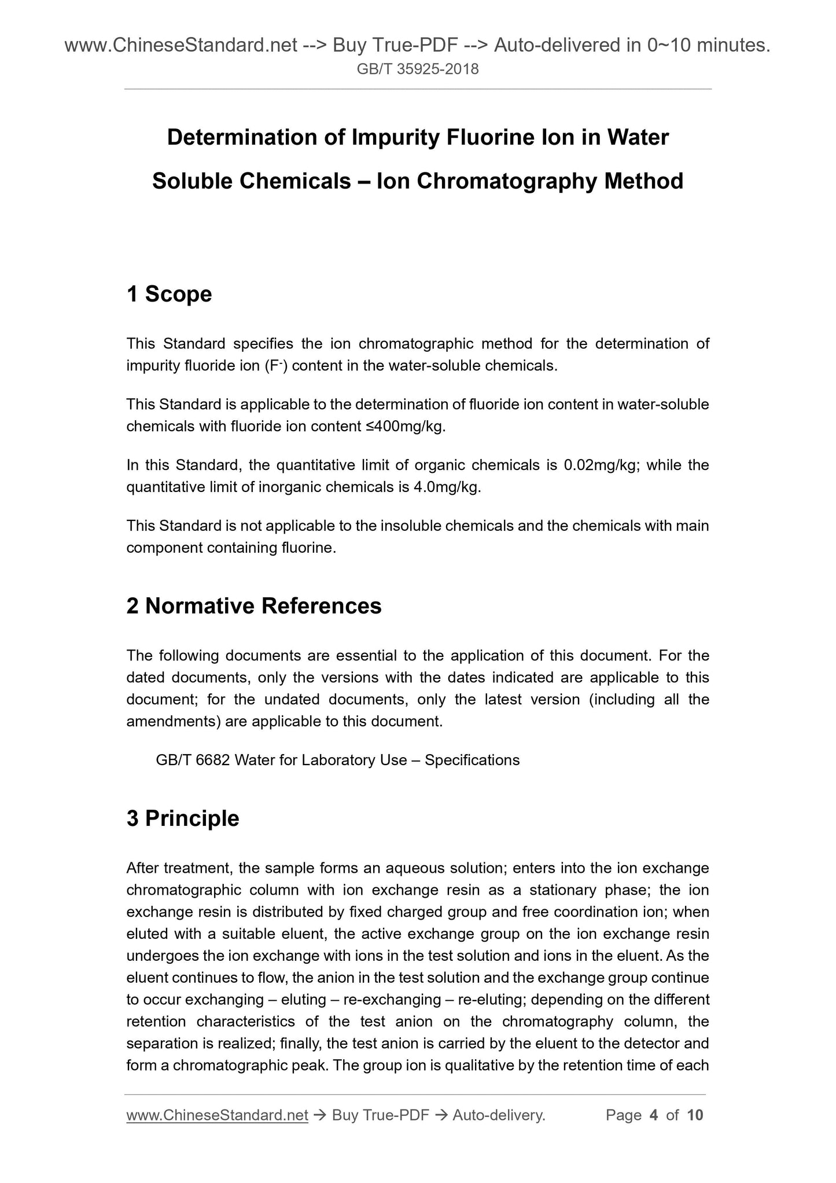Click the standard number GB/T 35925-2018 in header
coord(418,69)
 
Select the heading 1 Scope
coord(169,294)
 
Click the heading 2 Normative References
coord(254,606)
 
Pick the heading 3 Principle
coord(183,818)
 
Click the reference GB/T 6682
coord(194,760)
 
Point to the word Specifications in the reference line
coord(472,760)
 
